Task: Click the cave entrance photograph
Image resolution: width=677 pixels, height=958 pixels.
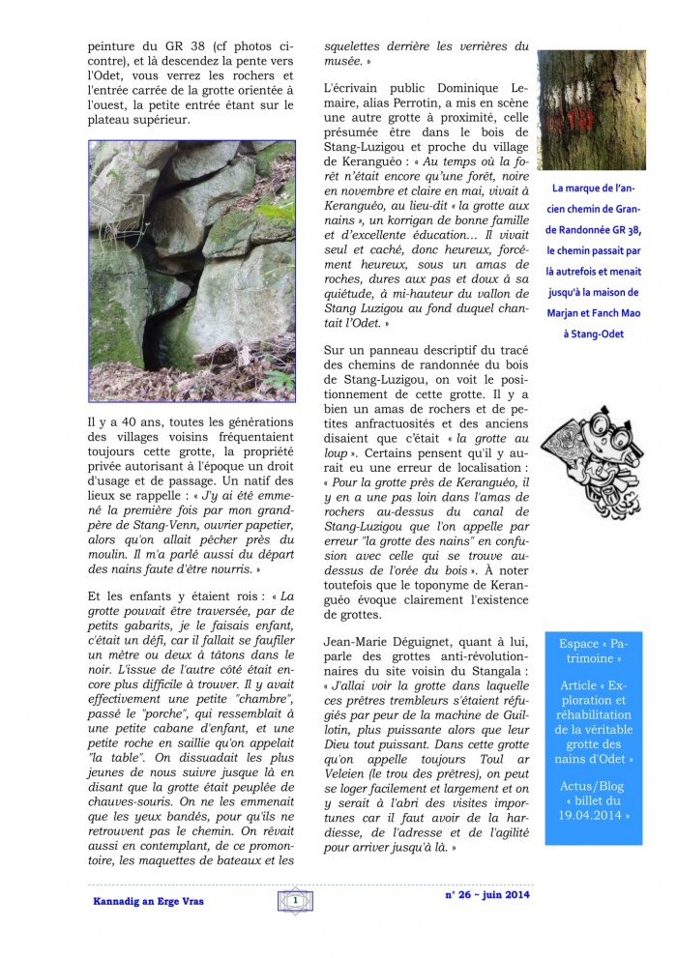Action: [x=191, y=271]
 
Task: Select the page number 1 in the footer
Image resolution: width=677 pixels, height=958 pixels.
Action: [x=292, y=901]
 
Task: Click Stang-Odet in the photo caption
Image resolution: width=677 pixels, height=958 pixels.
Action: [x=600, y=334]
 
